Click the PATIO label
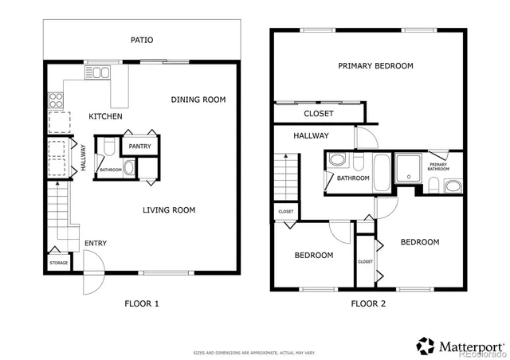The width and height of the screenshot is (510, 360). click(x=142, y=40)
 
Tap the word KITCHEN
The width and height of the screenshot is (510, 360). click(x=105, y=117)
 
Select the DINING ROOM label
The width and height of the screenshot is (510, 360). click(x=198, y=100)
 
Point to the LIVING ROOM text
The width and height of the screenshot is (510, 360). click(x=169, y=210)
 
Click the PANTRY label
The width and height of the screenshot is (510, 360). click(x=139, y=147)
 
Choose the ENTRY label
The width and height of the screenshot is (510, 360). click(x=96, y=243)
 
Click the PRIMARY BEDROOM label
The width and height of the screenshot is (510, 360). click(x=375, y=66)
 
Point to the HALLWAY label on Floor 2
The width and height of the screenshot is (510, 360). click(x=311, y=135)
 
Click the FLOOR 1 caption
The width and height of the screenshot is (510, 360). click(x=142, y=303)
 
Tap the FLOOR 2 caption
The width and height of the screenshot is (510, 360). click(x=369, y=303)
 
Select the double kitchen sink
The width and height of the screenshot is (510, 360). click(x=100, y=73)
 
